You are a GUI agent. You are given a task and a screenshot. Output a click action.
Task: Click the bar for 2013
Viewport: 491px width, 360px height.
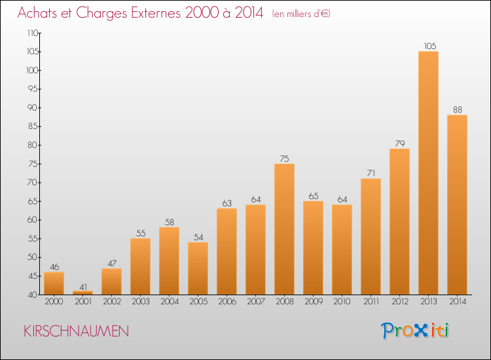click(428, 173)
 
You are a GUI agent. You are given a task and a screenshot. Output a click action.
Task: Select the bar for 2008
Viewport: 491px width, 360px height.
click(284, 229)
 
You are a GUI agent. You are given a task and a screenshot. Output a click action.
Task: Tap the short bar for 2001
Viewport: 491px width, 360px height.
click(82, 293)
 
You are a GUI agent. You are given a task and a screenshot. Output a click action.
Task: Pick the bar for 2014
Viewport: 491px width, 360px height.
click(457, 205)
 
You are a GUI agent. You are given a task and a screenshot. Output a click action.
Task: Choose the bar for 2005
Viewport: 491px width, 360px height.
click(198, 268)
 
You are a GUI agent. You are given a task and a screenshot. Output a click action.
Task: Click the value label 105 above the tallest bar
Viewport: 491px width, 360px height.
click(430, 46)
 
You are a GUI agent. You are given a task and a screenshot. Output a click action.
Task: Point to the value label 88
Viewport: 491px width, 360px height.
click(458, 109)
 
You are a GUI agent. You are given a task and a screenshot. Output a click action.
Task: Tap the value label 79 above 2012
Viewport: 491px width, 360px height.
click(400, 143)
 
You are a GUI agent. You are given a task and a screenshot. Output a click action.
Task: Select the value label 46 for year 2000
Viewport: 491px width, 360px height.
click(54, 266)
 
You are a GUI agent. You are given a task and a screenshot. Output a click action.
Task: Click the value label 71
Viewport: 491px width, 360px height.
click(371, 173)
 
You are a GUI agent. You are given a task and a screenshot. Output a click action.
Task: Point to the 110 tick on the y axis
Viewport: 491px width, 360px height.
click(32, 33)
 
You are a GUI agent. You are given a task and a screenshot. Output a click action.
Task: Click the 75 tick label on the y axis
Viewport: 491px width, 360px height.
click(33, 164)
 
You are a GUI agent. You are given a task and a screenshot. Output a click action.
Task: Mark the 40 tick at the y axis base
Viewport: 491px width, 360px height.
click(33, 295)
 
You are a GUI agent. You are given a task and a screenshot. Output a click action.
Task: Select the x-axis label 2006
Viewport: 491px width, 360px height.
click(227, 302)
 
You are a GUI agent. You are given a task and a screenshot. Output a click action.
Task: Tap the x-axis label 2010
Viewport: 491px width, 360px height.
click(342, 302)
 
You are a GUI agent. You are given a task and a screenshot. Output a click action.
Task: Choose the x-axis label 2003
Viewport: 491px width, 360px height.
click(141, 302)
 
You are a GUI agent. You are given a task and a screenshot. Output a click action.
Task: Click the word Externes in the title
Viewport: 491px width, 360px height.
click(156, 13)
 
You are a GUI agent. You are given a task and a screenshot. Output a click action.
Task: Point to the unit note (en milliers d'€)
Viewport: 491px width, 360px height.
click(301, 14)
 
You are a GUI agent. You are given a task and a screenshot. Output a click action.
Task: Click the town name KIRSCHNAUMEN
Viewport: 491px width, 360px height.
click(76, 331)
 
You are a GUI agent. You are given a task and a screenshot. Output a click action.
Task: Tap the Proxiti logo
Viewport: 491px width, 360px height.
click(415, 331)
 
